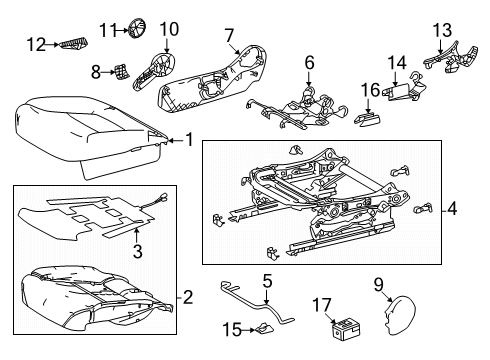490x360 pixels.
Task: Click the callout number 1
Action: point(188,141)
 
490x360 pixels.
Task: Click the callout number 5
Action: point(267,281)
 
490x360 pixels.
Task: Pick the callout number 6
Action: point(309,63)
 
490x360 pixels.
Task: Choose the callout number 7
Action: point(229,36)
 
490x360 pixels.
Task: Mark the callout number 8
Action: point(96,71)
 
